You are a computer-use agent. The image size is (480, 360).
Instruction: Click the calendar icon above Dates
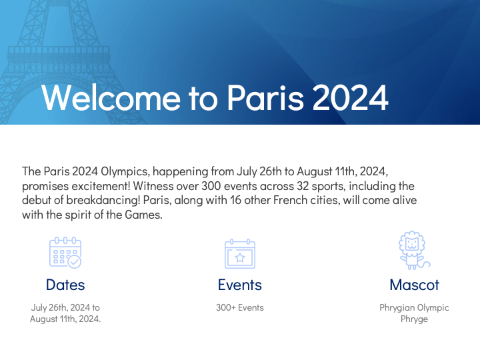(65, 253)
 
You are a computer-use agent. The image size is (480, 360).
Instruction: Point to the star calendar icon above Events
(240, 253)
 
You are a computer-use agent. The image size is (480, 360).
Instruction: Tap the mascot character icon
(413, 251)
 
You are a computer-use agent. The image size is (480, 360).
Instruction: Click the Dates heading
(65, 285)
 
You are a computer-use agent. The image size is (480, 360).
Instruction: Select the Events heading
(240, 285)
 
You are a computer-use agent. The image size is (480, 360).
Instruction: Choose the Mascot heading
(414, 285)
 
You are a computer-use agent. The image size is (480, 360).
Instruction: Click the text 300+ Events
(240, 308)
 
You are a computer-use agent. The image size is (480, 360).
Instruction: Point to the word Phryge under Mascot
(414, 319)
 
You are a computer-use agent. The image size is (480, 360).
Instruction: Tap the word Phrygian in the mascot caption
(397, 308)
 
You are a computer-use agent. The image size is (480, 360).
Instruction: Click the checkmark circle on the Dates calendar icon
(74, 261)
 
